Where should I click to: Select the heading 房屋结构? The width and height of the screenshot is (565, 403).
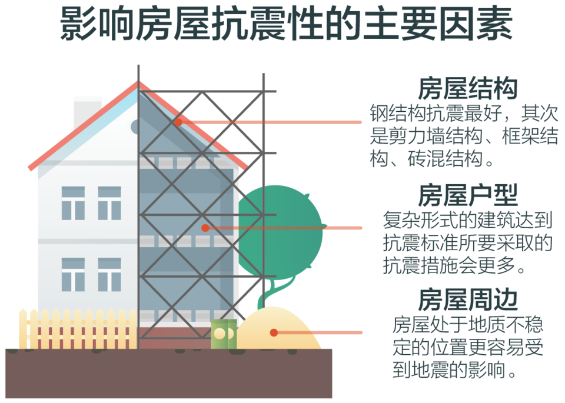click(467, 89)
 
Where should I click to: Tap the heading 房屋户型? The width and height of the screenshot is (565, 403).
click(467, 194)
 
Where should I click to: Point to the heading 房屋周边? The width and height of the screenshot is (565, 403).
click(467, 299)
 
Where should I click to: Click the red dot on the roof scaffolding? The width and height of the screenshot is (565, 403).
click(178, 122)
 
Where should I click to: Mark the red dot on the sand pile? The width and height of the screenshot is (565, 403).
click(274, 332)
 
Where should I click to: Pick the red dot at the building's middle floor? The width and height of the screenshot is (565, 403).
click(205, 228)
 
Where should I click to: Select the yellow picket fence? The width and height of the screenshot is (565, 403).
click(77, 329)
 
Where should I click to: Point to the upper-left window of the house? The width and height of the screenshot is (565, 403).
click(73, 203)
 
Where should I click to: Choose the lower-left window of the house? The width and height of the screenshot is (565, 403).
click(73, 274)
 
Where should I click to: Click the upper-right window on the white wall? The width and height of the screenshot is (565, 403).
click(109, 203)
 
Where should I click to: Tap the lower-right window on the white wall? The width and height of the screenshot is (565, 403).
click(109, 274)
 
